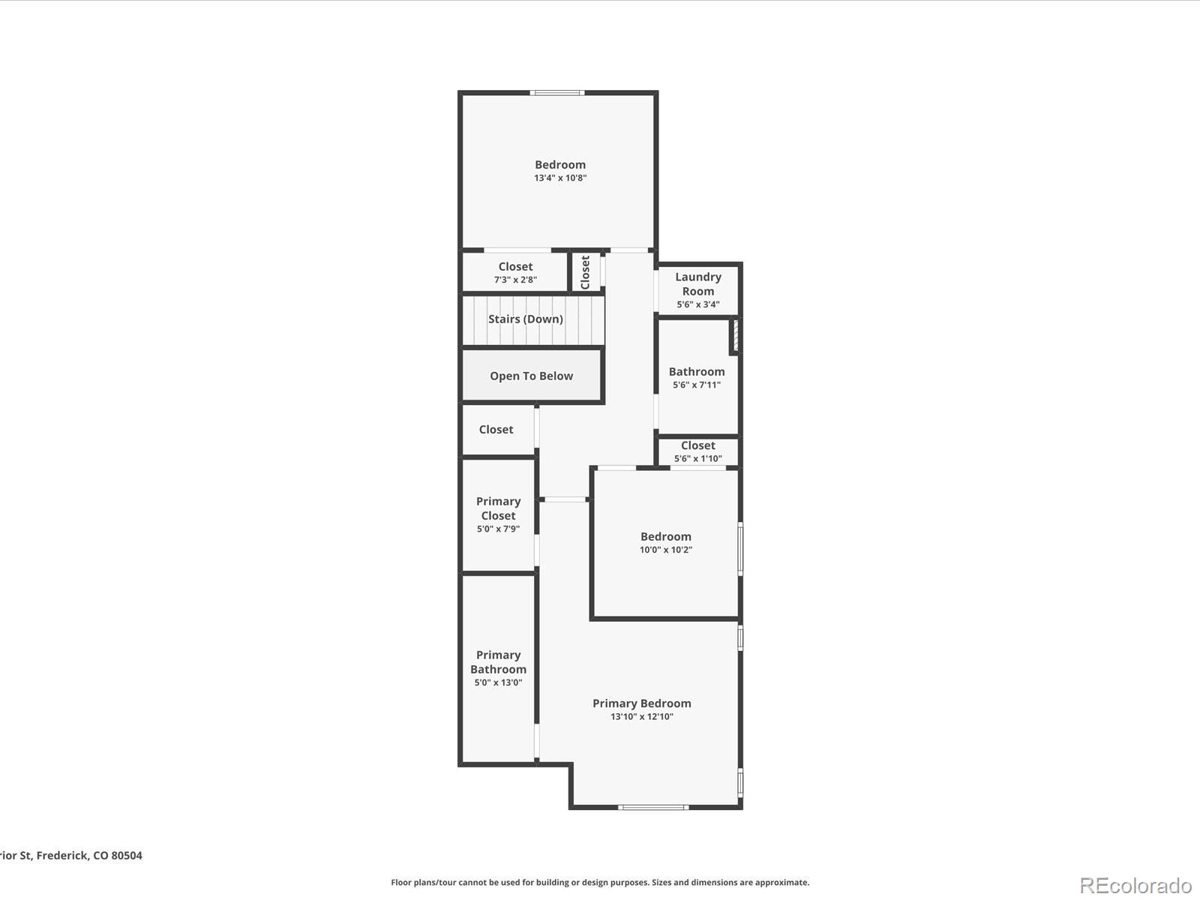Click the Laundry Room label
(x=697, y=283)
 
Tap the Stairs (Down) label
(x=525, y=319)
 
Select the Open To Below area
(x=531, y=376)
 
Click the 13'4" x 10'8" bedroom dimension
(x=560, y=178)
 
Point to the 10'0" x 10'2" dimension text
(x=665, y=550)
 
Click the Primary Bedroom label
(x=641, y=703)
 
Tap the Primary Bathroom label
(x=498, y=661)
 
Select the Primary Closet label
(x=498, y=508)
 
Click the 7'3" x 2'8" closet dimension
(x=515, y=280)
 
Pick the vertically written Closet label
(x=585, y=271)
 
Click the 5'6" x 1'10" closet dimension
(x=697, y=458)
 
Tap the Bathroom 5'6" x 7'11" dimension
(x=696, y=385)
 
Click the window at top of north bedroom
(x=556, y=93)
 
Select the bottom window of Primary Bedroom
(x=652, y=807)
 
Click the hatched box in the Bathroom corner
(x=735, y=335)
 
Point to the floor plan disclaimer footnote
(x=600, y=883)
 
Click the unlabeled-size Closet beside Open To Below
(x=496, y=429)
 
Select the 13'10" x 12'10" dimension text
(x=641, y=717)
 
